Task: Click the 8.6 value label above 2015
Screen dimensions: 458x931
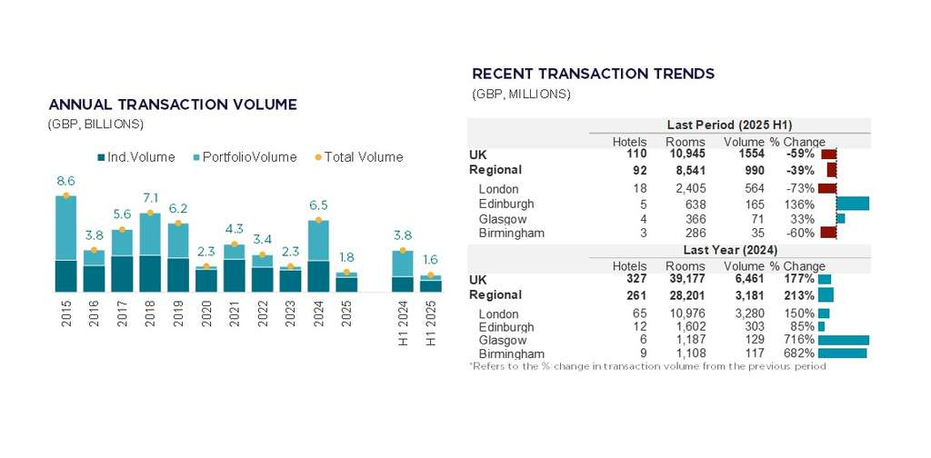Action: click(x=65, y=181)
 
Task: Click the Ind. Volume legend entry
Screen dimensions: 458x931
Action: click(x=135, y=157)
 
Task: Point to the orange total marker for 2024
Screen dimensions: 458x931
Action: click(x=317, y=220)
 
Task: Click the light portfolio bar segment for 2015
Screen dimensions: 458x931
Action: click(x=65, y=228)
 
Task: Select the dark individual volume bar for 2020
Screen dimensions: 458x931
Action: click(x=205, y=280)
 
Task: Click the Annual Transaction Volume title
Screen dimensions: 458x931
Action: click(x=172, y=105)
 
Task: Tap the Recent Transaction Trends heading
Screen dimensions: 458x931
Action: click(x=593, y=74)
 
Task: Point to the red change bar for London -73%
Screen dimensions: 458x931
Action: click(x=826, y=188)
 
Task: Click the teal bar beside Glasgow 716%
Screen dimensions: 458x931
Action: click(x=843, y=340)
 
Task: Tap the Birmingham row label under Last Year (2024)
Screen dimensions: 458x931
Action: click(x=511, y=353)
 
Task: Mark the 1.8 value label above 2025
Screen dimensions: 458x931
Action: click(x=345, y=257)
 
